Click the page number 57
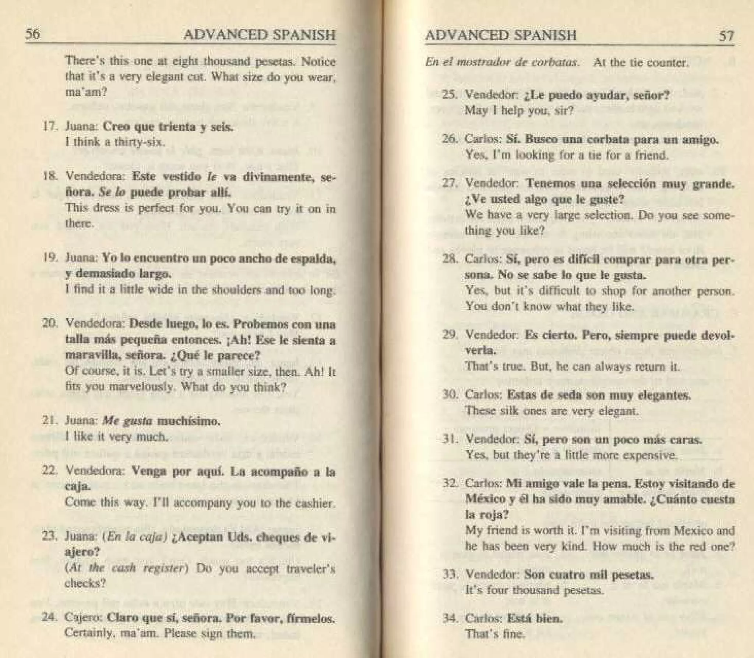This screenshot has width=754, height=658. pyautogui.click(x=726, y=36)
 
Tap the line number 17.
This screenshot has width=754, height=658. pyautogui.click(x=49, y=127)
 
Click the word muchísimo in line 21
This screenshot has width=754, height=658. pyautogui.click(x=188, y=421)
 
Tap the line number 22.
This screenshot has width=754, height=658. pyautogui.click(x=50, y=471)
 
